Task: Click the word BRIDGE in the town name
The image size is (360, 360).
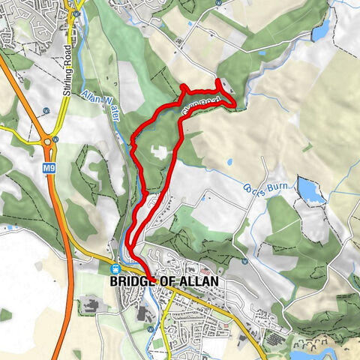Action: pos(130,281)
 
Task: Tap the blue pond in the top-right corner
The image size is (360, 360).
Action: pos(321,32)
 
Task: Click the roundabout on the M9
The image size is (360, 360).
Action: pos(49,141)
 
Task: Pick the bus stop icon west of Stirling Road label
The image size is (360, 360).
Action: pos(46,109)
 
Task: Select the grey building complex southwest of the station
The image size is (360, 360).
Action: pos(94,305)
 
